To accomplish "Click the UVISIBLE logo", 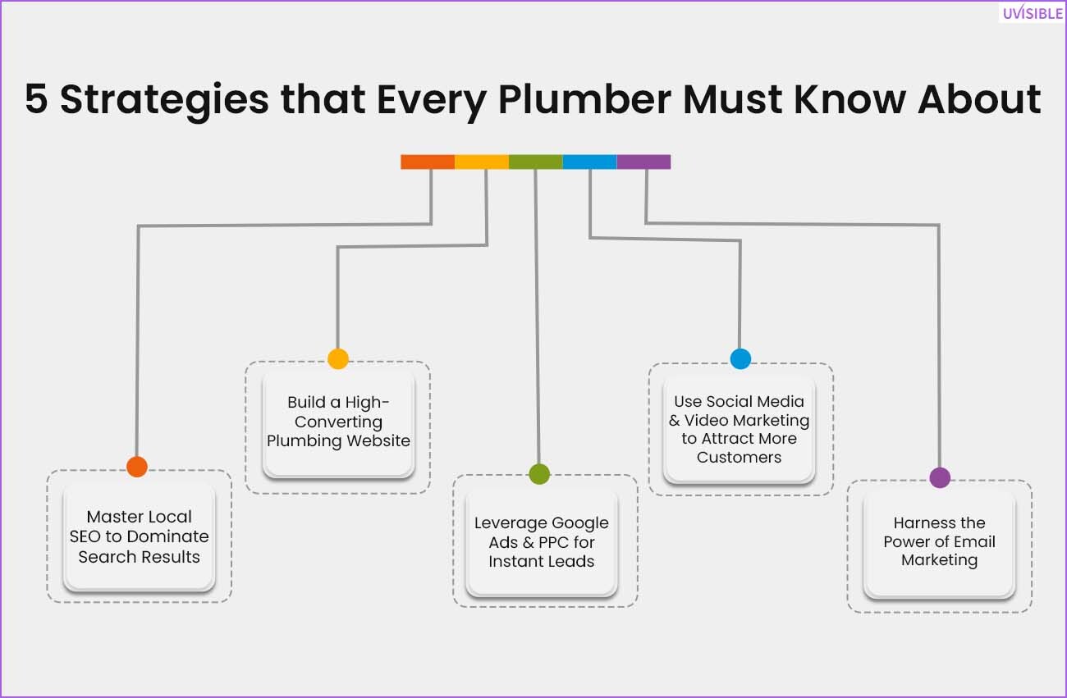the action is coord(1033,12).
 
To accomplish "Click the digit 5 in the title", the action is coord(36,99).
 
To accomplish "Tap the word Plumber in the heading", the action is coord(584,99).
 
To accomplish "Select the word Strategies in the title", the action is coord(164,101).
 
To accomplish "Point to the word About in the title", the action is coord(979,99).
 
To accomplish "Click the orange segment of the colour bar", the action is coord(428,162).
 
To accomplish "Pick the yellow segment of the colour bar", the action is coord(482,162).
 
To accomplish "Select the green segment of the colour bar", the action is coord(535,162).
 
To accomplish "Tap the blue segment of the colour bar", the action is coord(589,162).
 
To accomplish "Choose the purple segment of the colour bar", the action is coord(643,162).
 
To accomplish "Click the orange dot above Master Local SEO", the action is coord(137,467).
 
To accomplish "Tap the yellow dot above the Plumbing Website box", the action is coord(338,358).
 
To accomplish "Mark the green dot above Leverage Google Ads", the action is coord(539,474).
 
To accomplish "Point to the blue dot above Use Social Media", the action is coord(740,358).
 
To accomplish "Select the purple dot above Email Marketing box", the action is coord(940,477).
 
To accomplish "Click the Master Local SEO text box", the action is coord(139,536).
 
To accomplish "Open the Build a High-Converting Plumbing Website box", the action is coord(338,422).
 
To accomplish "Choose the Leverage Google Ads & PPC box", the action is coord(542,542).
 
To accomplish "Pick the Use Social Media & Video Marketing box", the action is coord(740,429).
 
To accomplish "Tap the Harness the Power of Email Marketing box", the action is coord(939,542).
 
